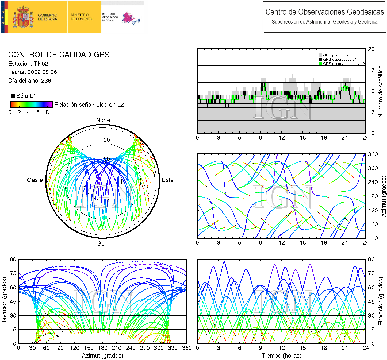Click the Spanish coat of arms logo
point(24,17)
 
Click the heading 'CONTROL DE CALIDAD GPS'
point(59,55)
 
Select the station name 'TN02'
point(41,64)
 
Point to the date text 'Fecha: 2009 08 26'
point(32,72)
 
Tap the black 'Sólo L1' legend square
point(13,96)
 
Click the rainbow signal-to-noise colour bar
point(31,104)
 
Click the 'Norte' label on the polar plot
point(103,120)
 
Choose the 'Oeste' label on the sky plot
point(35,180)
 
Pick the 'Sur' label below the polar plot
point(102,243)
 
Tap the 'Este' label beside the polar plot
point(168,180)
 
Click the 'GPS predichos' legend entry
point(335,55)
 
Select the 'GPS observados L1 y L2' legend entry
point(344,64)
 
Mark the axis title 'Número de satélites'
point(380,91)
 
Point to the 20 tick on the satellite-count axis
point(371,49)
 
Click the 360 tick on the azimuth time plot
point(373,154)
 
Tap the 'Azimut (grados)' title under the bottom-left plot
point(102,356)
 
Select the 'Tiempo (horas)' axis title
point(281,356)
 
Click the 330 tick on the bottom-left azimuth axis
point(173,348)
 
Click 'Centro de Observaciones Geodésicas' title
point(325,12)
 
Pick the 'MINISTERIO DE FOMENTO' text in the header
point(81,17)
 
